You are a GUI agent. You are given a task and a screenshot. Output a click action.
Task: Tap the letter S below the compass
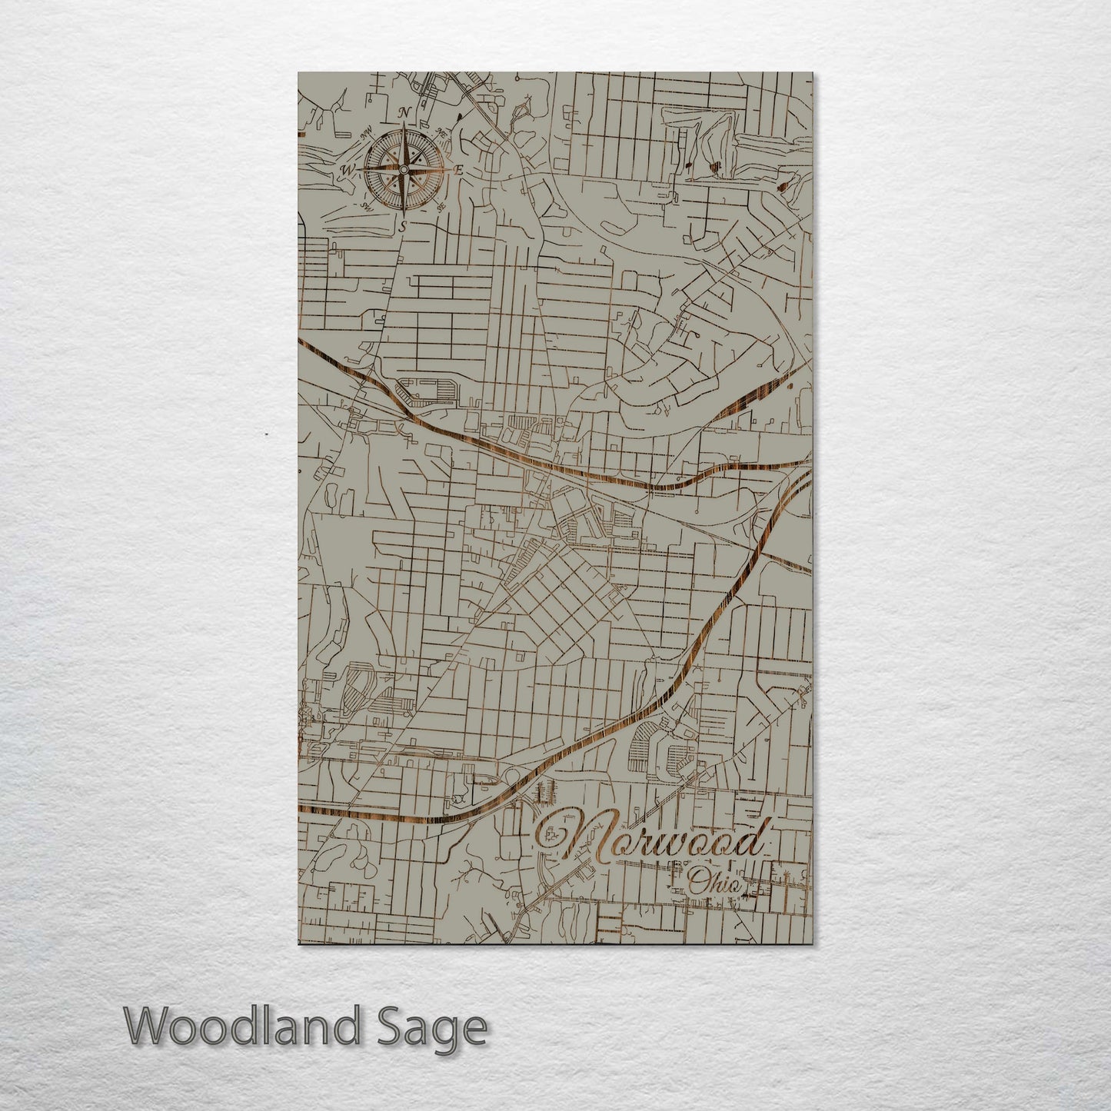pyautogui.click(x=401, y=225)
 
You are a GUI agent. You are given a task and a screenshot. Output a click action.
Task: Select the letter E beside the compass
pyautogui.click(x=458, y=171)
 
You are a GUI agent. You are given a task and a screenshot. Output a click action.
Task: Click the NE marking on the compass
pyautogui.click(x=442, y=133)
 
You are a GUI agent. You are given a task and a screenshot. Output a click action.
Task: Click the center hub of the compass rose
pyautogui.click(x=403, y=169)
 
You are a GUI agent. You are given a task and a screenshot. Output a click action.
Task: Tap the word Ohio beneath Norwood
pyautogui.click(x=717, y=884)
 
